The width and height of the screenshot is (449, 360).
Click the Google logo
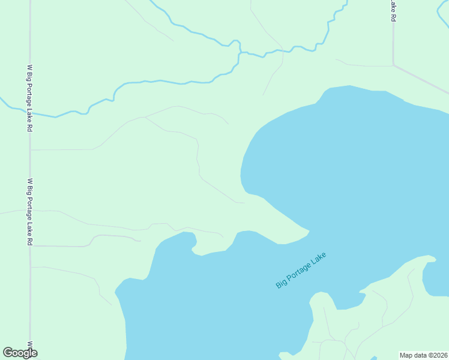[x=20, y=353]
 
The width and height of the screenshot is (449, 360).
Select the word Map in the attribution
[x=406, y=355]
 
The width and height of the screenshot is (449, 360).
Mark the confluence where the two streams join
[x=240, y=53]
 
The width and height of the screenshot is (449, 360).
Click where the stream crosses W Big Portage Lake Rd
[x=30, y=112]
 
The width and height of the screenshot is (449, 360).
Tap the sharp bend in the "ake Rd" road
[x=393, y=64]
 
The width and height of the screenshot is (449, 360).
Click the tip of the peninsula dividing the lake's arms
[x=308, y=231]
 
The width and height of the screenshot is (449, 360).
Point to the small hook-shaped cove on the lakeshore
[x=194, y=247]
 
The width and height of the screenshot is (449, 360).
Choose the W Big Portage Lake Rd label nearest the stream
[x=29, y=98]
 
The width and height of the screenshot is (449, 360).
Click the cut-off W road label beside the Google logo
[x=29, y=346]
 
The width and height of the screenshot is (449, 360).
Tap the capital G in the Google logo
[x=8, y=353]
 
